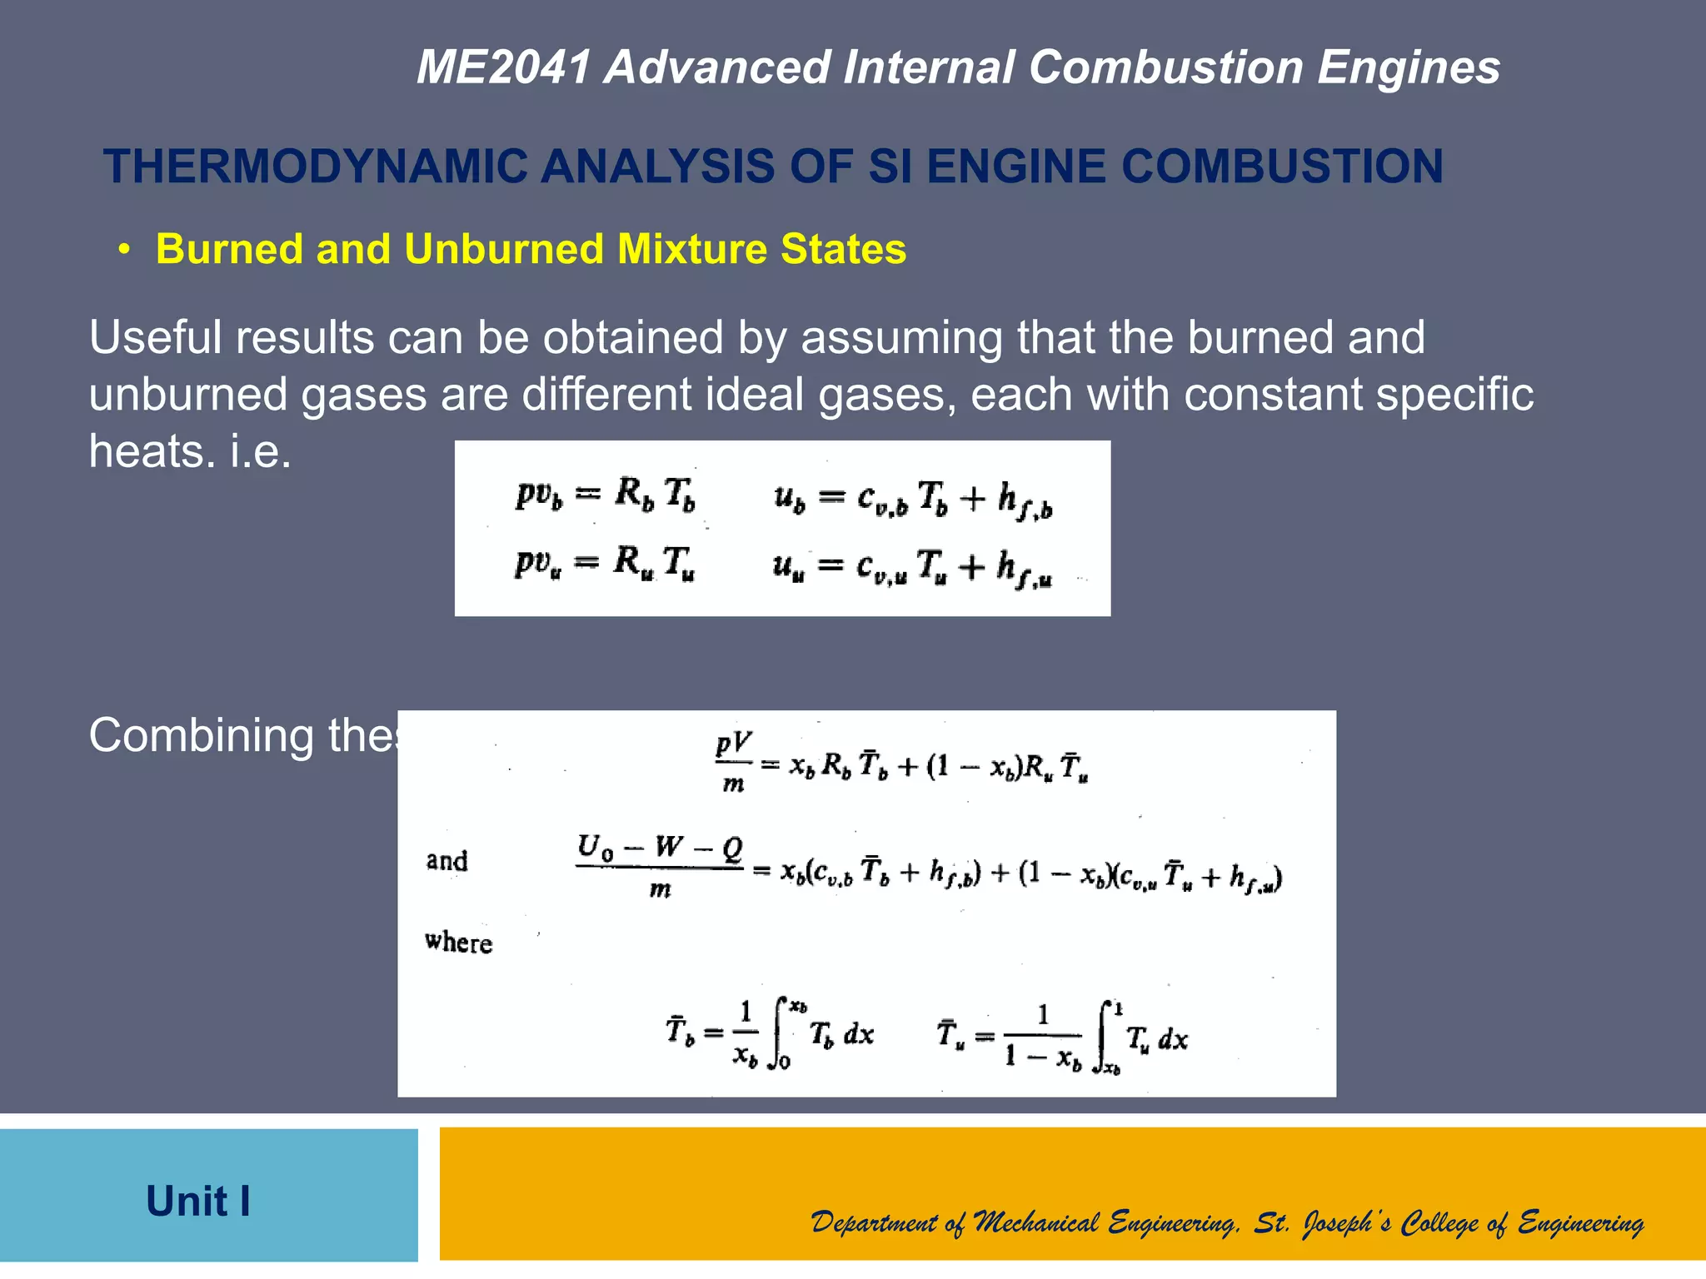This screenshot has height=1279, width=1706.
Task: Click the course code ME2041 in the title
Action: tap(504, 67)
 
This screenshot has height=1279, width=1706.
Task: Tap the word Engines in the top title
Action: tap(1408, 67)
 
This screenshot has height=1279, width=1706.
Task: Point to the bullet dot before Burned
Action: tap(125, 250)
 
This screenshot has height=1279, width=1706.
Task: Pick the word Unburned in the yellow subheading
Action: tap(505, 249)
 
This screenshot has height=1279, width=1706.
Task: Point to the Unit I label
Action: tap(198, 1201)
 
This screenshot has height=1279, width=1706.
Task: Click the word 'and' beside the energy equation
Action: tap(447, 860)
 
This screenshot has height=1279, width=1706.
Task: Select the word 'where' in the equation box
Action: tap(458, 942)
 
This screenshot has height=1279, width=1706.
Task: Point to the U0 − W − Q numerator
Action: tap(659, 848)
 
